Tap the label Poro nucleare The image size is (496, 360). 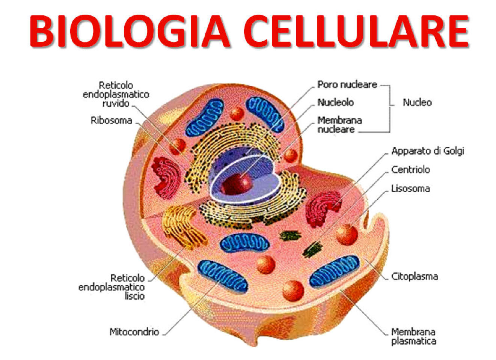(x=347, y=84)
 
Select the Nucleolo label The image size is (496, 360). (x=335, y=102)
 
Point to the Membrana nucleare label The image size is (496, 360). (x=339, y=125)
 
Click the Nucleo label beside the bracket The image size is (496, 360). (x=417, y=102)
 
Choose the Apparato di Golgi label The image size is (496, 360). (x=428, y=151)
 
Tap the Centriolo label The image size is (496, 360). (x=410, y=170)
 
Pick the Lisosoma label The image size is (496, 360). (x=410, y=188)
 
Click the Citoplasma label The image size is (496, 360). (x=415, y=277)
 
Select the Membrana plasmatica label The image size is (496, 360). (x=413, y=336)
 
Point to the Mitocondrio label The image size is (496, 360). (x=134, y=332)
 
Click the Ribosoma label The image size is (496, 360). (x=112, y=121)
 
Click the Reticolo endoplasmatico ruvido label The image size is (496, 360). (x=116, y=94)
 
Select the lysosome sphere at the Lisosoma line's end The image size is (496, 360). (x=347, y=234)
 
